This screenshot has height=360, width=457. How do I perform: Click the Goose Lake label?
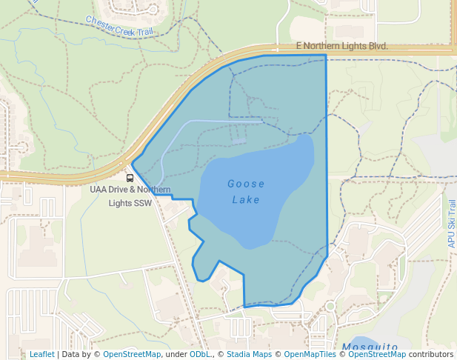click(246, 191)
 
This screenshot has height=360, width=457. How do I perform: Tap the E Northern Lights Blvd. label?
click(341, 46)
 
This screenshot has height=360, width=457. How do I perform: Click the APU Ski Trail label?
click(452, 223)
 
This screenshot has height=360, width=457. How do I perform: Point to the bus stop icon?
click(130, 178)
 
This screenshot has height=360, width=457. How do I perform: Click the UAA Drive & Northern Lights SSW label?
click(130, 196)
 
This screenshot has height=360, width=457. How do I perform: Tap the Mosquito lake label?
click(370, 347)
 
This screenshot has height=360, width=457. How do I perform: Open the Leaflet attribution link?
click(41, 354)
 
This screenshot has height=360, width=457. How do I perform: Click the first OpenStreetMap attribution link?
click(132, 354)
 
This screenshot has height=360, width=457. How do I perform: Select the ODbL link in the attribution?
click(200, 354)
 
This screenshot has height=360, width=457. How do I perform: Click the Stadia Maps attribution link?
click(248, 354)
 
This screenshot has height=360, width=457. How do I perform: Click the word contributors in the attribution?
click(430, 354)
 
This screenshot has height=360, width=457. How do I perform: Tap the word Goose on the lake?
click(246, 183)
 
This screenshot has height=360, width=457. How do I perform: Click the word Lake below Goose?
click(246, 199)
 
